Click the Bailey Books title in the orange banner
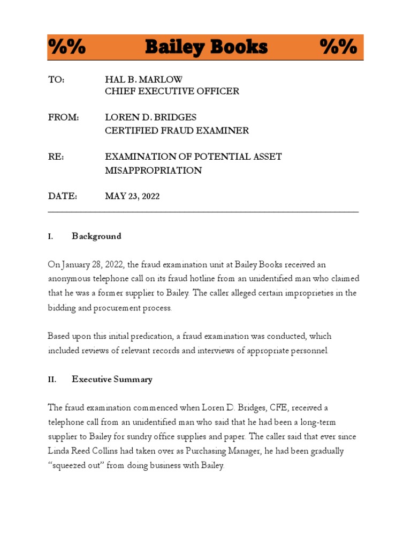(206, 47)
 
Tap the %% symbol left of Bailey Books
(67, 47)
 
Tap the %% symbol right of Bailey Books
(339, 47)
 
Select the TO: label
(56, 79)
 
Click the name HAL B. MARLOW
(143, 79)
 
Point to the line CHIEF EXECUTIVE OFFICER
(172, 91)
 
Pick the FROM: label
(63, 117)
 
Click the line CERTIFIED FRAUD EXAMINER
(177, 130)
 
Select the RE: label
(56, 157)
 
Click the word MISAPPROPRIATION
(153, 170)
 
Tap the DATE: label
(63, 197)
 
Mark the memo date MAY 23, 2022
(132, 197)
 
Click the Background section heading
(97, 236)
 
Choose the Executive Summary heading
(112, 380)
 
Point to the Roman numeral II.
(52, 380)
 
